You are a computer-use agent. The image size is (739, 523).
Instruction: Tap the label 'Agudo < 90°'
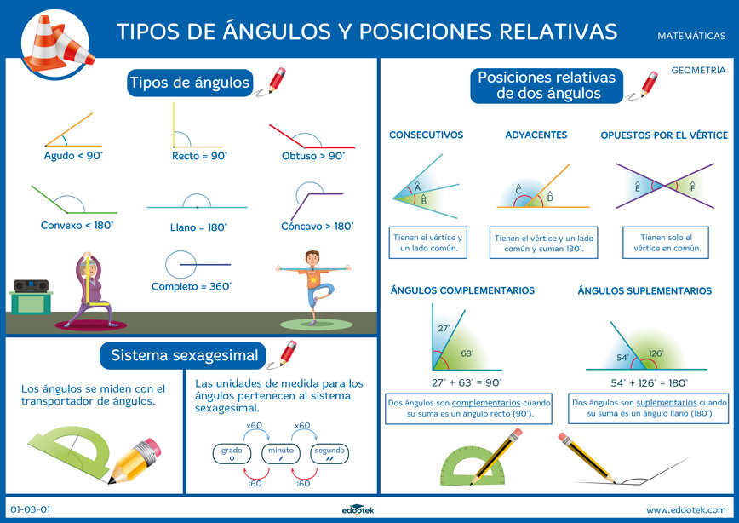pyautogui.click(x=72, y=157)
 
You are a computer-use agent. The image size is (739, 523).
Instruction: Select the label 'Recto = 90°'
pyautogui.click(x=200, y=157)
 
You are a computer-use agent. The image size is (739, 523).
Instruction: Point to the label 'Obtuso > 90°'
pyautogui.click(x=313, y=157)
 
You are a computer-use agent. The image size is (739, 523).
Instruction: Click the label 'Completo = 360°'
pyautogui.click(x=192, y=287)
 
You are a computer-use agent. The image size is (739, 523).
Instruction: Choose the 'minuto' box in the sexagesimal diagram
pyautogui.click(x=280, y=454)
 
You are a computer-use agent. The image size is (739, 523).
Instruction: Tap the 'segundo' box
pyautogui.click(x=329, y=454)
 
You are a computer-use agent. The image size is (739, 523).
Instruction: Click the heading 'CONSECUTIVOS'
pyautogui.click(x=426, y=135)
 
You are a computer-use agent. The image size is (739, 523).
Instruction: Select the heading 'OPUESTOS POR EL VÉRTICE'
pyautogui.click(x=664, y=135)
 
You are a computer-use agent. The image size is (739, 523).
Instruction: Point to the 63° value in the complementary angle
pyautogui.click(x=466, y=353)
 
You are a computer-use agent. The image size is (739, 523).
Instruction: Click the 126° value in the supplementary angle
pyautogui.click(x=656, y=353)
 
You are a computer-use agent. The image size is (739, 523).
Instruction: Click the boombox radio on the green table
pyautogui.click(x=31, y=287)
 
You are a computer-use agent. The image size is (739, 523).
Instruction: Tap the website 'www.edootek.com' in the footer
pyautogui.click(x=685, y=510)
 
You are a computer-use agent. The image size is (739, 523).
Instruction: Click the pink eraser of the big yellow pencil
pyautogui.click(x=148, y=447)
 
